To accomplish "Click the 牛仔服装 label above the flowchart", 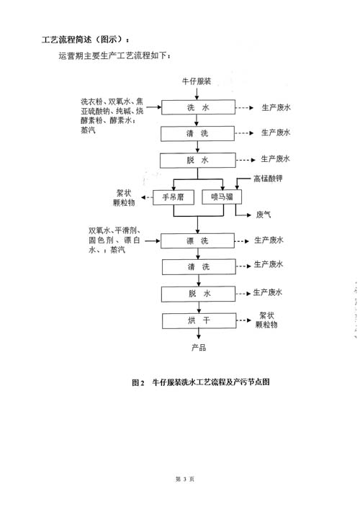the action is tap(197, 81).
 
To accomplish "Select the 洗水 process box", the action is tap(198, 107).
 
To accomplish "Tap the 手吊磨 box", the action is tap(174, 197).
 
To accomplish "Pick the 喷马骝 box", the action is tap(222, 197).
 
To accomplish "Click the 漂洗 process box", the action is tap(198, 241).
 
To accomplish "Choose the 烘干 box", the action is tap(199, 320).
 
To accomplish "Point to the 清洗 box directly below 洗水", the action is tap(197, 133).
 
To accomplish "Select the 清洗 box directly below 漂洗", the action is tap(199, 267).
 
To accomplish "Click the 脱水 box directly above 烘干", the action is tap(198, 294).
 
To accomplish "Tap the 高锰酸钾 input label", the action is tap(268, 179).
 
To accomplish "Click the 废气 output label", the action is tap(264, 215).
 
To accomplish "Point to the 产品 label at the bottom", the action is tap(199, 348).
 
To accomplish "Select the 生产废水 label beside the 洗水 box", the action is tap(276, 107).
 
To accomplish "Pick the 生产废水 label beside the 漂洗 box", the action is tap(269, 240).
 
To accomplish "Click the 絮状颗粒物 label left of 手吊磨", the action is tap(124, 198).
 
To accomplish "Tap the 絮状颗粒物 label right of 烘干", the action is tap(266, 320).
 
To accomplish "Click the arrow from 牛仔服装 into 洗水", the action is tap(197, 93).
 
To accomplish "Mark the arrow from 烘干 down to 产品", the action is tap(199, 334).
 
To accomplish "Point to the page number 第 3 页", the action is tap(185, 479).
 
